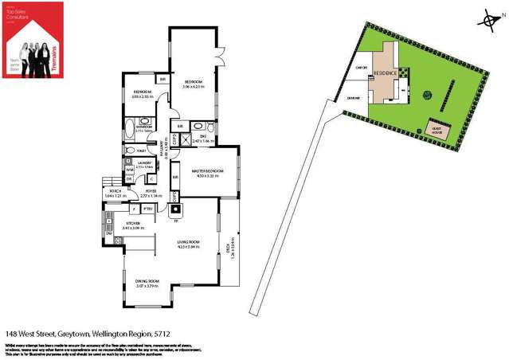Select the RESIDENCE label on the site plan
[x=386, y=72]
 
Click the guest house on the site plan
[x=437, y=129]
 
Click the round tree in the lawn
[x=429, y=93]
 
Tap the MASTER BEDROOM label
[x=208, y=171]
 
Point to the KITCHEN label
[x=131, y=223]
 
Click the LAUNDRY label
[x=144, y=162]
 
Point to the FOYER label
[x=151, y=191]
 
